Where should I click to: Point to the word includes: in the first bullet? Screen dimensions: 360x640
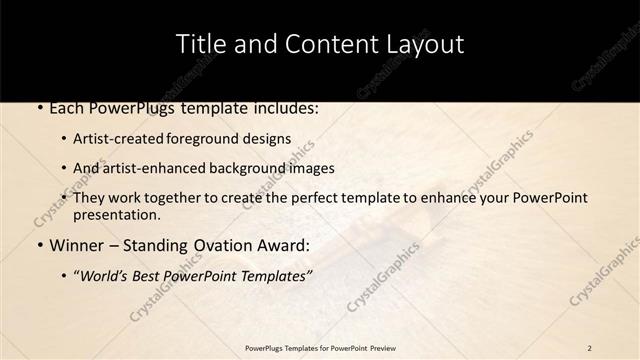tap(282, 107)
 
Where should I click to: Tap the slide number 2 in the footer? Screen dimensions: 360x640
tap(590, 348)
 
